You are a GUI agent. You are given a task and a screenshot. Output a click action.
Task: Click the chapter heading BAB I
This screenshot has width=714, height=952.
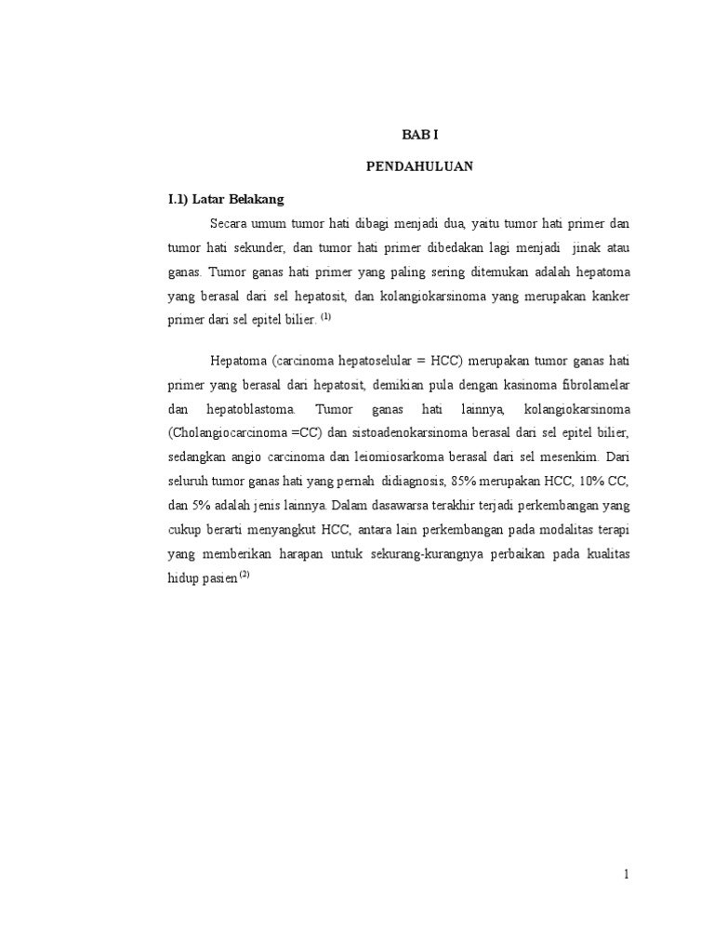pos(417,135)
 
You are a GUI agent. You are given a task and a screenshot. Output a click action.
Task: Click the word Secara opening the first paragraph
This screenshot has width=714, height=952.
pos(230,224)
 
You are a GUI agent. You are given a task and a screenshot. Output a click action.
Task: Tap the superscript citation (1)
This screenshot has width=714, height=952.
pos(324,317)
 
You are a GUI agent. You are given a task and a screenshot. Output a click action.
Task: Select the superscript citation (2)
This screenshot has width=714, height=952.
pos(245,574)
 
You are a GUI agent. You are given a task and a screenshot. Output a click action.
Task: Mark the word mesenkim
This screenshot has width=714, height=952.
pos(575,456)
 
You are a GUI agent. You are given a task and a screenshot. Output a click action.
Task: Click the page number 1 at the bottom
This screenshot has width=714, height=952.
pos(627,875)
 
